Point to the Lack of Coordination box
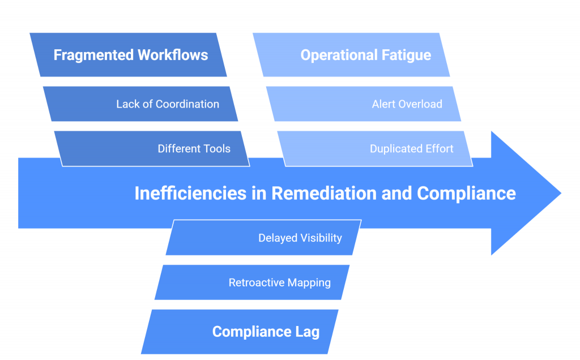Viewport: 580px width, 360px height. [142, 104]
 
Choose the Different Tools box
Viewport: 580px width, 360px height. [153, 149]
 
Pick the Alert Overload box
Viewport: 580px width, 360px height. [365, 104]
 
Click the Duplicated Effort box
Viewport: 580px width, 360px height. [377, 149]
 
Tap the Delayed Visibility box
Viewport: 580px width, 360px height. [263, 238]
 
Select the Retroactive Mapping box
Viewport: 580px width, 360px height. [252, 282]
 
